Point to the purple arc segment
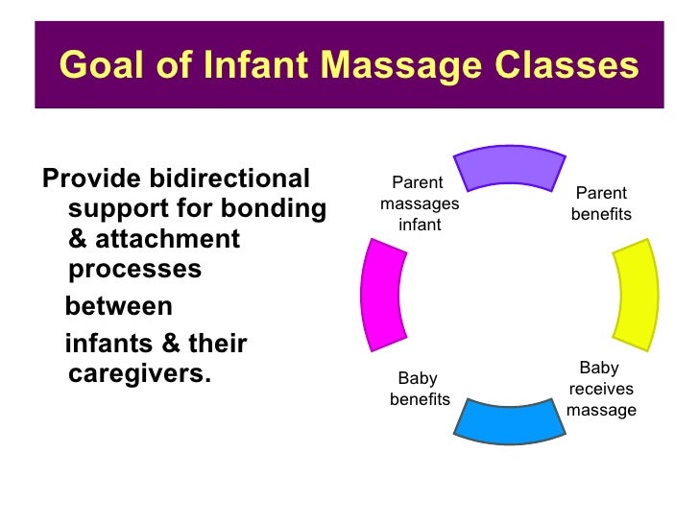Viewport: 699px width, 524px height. pos(509,167)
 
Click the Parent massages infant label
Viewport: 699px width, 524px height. pos(420,203)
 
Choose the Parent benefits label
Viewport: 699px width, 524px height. pos(601,203)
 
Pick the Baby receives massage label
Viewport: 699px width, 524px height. pos(601,389)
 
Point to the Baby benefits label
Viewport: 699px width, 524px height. pos(419,389)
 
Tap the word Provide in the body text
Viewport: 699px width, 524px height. pos(88,179)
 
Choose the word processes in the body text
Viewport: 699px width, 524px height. pos(135,270)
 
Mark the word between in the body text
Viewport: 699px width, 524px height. pos(118,307)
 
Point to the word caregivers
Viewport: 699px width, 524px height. pos(140,372)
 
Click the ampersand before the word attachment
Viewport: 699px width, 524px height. pos(79,239)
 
